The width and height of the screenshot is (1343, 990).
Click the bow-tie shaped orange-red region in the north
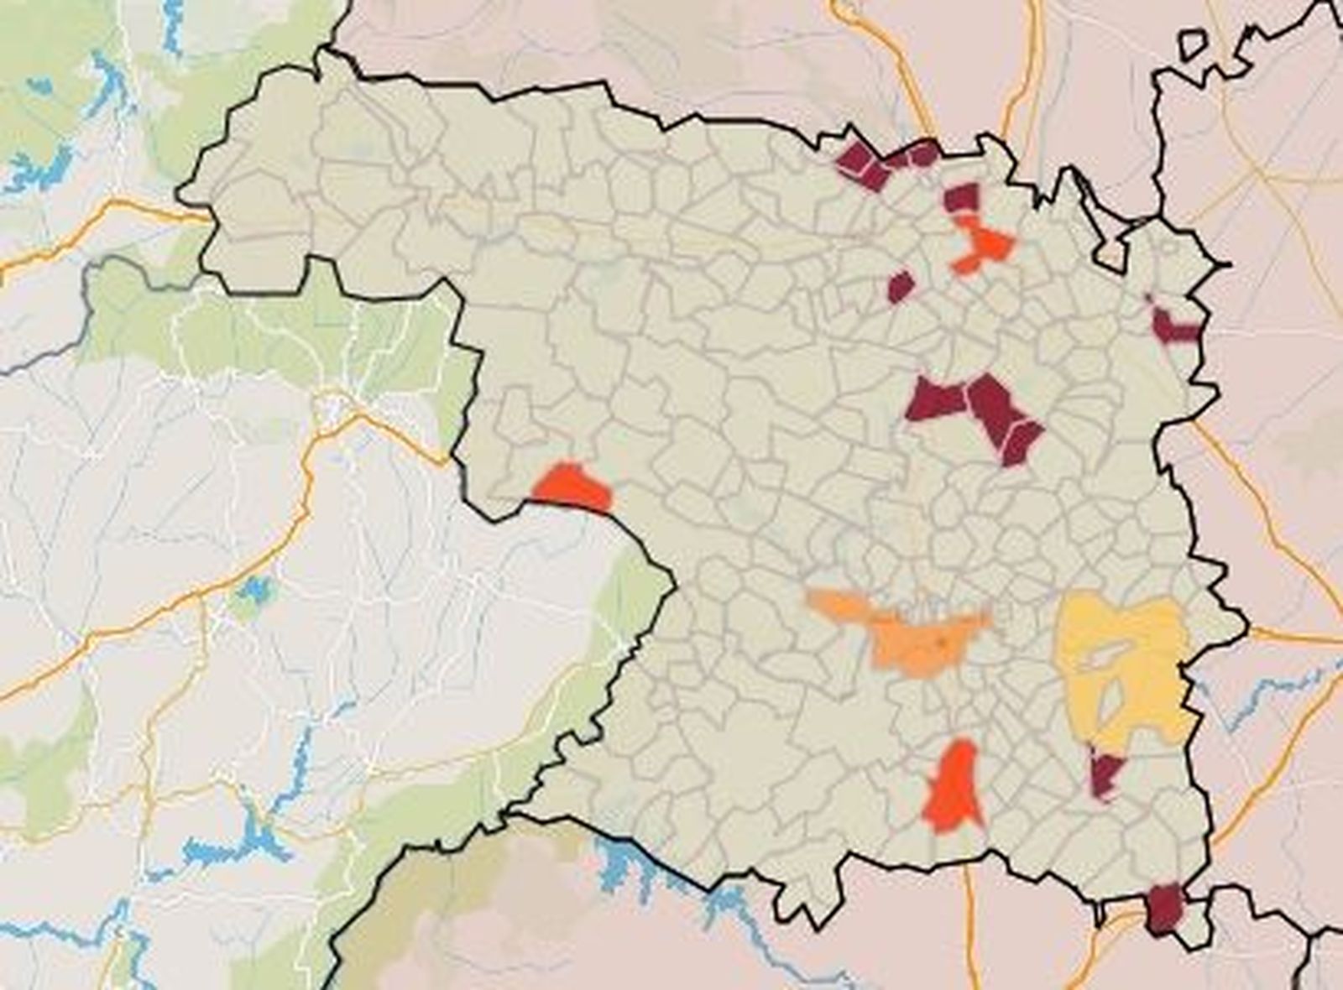pos(982,243)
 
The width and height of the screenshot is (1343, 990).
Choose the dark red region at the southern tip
pos(1165,908)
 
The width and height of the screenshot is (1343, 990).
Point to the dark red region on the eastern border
pos(1173,327)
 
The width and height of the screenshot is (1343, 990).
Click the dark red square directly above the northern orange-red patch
pos(962,198)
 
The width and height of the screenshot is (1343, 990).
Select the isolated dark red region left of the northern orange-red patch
pos(900,287)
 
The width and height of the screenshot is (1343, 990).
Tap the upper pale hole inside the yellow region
pos(1104,654)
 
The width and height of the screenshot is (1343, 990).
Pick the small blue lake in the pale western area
pos(253,590)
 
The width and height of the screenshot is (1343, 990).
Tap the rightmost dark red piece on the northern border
pos(923,154)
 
